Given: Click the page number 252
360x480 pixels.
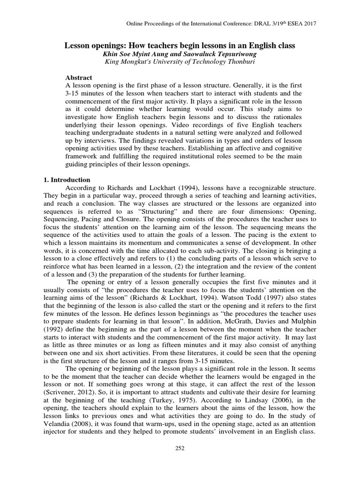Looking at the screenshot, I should click(180, 448).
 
